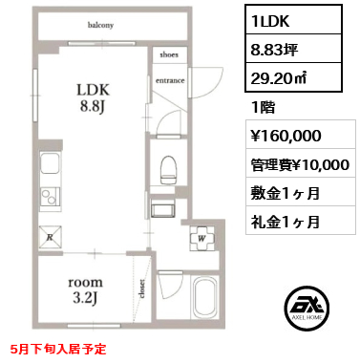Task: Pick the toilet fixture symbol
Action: pos(169,168)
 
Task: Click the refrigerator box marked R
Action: pos(49,234)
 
